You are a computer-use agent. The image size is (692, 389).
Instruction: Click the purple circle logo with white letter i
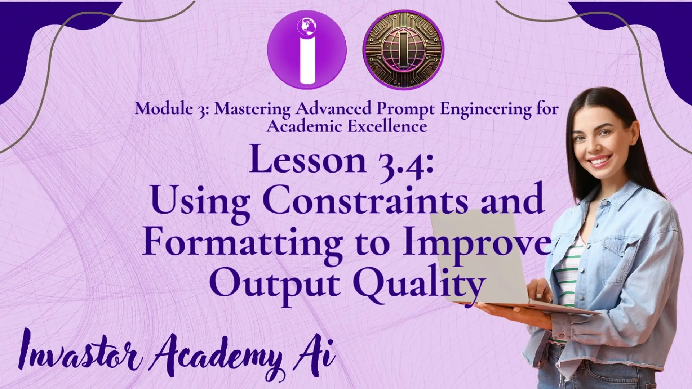tap(307, 49)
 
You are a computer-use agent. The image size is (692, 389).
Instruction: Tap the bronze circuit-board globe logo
tap(403, 49)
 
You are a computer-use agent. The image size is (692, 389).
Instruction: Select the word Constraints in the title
tap(365, 200)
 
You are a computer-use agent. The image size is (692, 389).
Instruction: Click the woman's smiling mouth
tap(601, 161)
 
